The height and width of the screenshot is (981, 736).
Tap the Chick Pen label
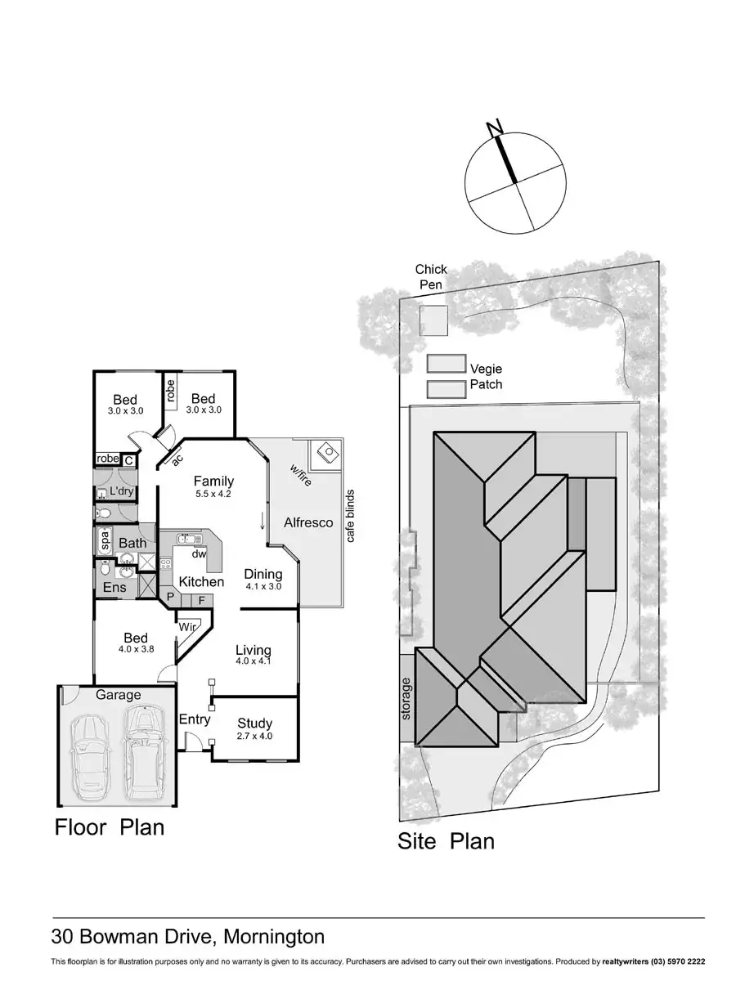(430, 276)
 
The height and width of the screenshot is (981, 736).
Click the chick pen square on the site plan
(433, 320)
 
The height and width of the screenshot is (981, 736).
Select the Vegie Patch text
(486, 376)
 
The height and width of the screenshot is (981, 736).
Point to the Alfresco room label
(308, 522)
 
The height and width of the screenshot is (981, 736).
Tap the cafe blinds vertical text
(350, 516)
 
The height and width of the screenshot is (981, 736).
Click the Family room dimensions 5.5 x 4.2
(214, 494)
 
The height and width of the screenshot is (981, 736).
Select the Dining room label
(263, 574)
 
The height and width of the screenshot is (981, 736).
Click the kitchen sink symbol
(189, 539)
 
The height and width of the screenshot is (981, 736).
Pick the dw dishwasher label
(199, 553)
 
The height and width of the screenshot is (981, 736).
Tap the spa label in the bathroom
(105, 540)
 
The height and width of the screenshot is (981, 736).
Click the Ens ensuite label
(114, 587)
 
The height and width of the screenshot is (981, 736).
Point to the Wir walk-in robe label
(186, 627)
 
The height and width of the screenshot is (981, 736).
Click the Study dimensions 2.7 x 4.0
(254, 737)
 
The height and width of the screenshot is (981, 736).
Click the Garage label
(119, 695)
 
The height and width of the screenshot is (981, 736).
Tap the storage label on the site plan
(407, 698)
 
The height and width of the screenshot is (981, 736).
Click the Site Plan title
(446, 840)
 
